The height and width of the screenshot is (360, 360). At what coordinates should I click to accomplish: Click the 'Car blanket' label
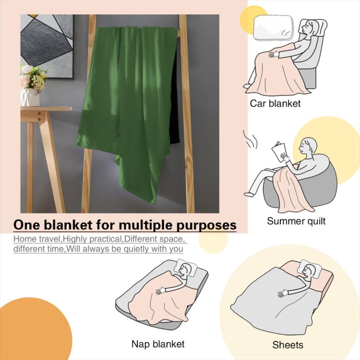(275, 104)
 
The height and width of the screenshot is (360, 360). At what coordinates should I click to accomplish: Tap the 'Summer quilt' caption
(296, 221)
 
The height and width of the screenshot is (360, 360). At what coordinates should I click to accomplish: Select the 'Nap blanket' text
(157, 344)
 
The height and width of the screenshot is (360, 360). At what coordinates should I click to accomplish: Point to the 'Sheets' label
(288, 345)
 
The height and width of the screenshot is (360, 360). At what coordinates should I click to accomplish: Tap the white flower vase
(30, 96)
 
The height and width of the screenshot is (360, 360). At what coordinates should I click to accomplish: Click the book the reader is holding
(280, 150)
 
